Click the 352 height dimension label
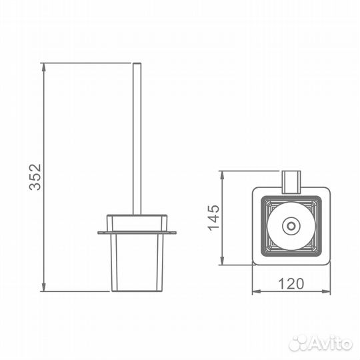point(35,177)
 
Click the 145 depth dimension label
point(213,217)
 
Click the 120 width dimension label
point(291,284)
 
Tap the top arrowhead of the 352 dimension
point(43,67)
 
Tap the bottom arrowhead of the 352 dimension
point(43,287)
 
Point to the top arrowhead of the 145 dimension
point(222,175)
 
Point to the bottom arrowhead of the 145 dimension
point(222,261)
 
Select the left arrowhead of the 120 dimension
point(256,292)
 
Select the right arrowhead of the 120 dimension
point(327,292)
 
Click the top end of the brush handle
point(137,63)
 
